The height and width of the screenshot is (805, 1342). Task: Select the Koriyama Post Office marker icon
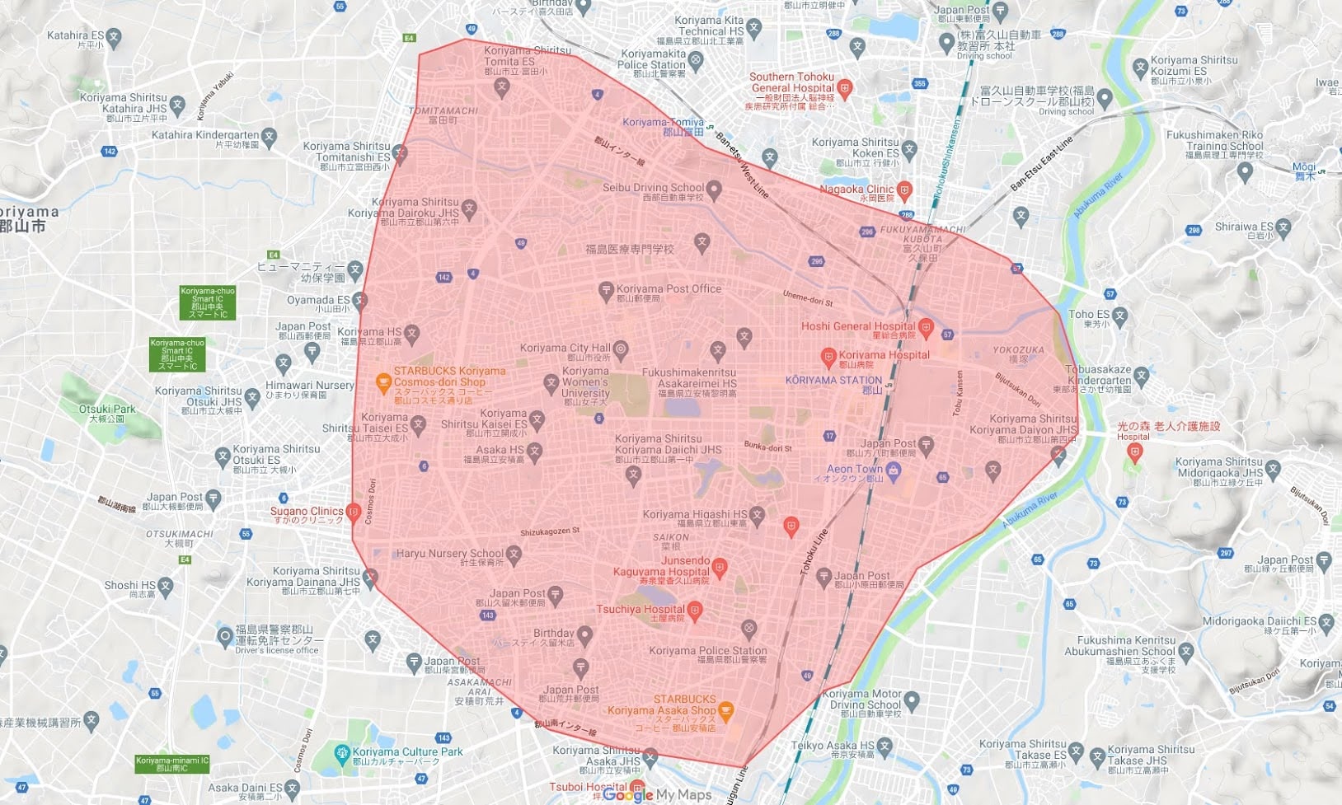coord(606,290)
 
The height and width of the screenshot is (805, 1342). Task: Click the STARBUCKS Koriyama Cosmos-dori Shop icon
coord(382,381)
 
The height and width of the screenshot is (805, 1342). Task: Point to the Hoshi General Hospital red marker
coord(926,327)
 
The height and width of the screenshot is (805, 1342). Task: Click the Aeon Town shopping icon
coord(894,470)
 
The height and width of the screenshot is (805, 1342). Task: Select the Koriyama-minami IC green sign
coord(172,764)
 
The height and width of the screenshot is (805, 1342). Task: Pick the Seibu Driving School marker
coord(714,190)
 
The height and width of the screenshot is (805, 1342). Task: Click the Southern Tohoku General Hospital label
coord(791,82)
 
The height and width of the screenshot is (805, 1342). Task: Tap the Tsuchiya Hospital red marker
coord(695,610)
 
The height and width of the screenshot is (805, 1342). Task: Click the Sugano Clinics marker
coord(354,512)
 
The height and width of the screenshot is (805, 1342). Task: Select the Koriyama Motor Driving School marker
coord(911,700)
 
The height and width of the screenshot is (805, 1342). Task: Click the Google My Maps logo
coord(657,795)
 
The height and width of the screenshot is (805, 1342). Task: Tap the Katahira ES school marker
coord(114,36)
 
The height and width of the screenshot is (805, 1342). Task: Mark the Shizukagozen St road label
coord(550,531)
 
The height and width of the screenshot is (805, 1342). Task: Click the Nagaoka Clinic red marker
coord(904,190)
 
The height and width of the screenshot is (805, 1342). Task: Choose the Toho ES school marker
coord(1119,315)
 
